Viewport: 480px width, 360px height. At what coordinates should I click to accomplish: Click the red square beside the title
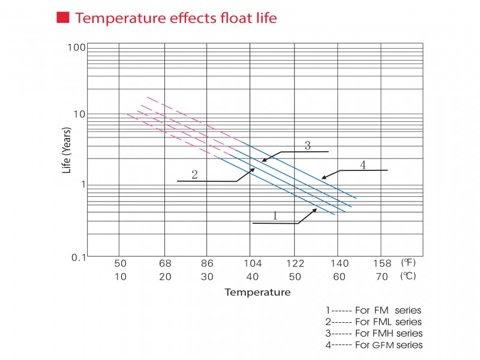point(62,17)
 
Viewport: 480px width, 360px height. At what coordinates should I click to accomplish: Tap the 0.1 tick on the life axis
point(78,257)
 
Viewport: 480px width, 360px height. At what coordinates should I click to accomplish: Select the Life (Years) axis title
point(67,151)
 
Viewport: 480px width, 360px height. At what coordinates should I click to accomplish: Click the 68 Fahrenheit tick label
point(165,263)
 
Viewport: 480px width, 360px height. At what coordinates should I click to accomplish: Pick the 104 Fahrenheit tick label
point(252,263)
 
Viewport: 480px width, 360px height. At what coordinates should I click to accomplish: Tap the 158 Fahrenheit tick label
point(382,263)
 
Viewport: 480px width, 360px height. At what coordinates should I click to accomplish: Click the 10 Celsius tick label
point(121,276)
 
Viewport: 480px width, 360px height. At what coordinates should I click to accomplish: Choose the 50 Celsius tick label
point(295,276)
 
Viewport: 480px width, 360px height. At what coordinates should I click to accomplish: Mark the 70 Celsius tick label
point(382,276)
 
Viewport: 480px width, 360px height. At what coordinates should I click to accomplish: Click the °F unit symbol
point(408,263)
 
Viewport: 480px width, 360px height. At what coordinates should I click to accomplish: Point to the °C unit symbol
point(408,276)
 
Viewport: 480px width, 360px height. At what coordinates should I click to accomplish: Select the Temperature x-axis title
point(257,293)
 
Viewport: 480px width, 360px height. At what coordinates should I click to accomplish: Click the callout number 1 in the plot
point(275,215)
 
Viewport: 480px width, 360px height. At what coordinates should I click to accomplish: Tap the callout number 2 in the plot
point(194,175)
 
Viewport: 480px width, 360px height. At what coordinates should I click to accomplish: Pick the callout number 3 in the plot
point(308,145)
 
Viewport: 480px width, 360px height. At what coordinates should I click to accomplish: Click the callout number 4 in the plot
point(362,164)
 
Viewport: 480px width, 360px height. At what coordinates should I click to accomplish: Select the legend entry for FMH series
point(374,333)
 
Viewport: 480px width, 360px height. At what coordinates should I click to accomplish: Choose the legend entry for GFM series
point(374,344)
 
